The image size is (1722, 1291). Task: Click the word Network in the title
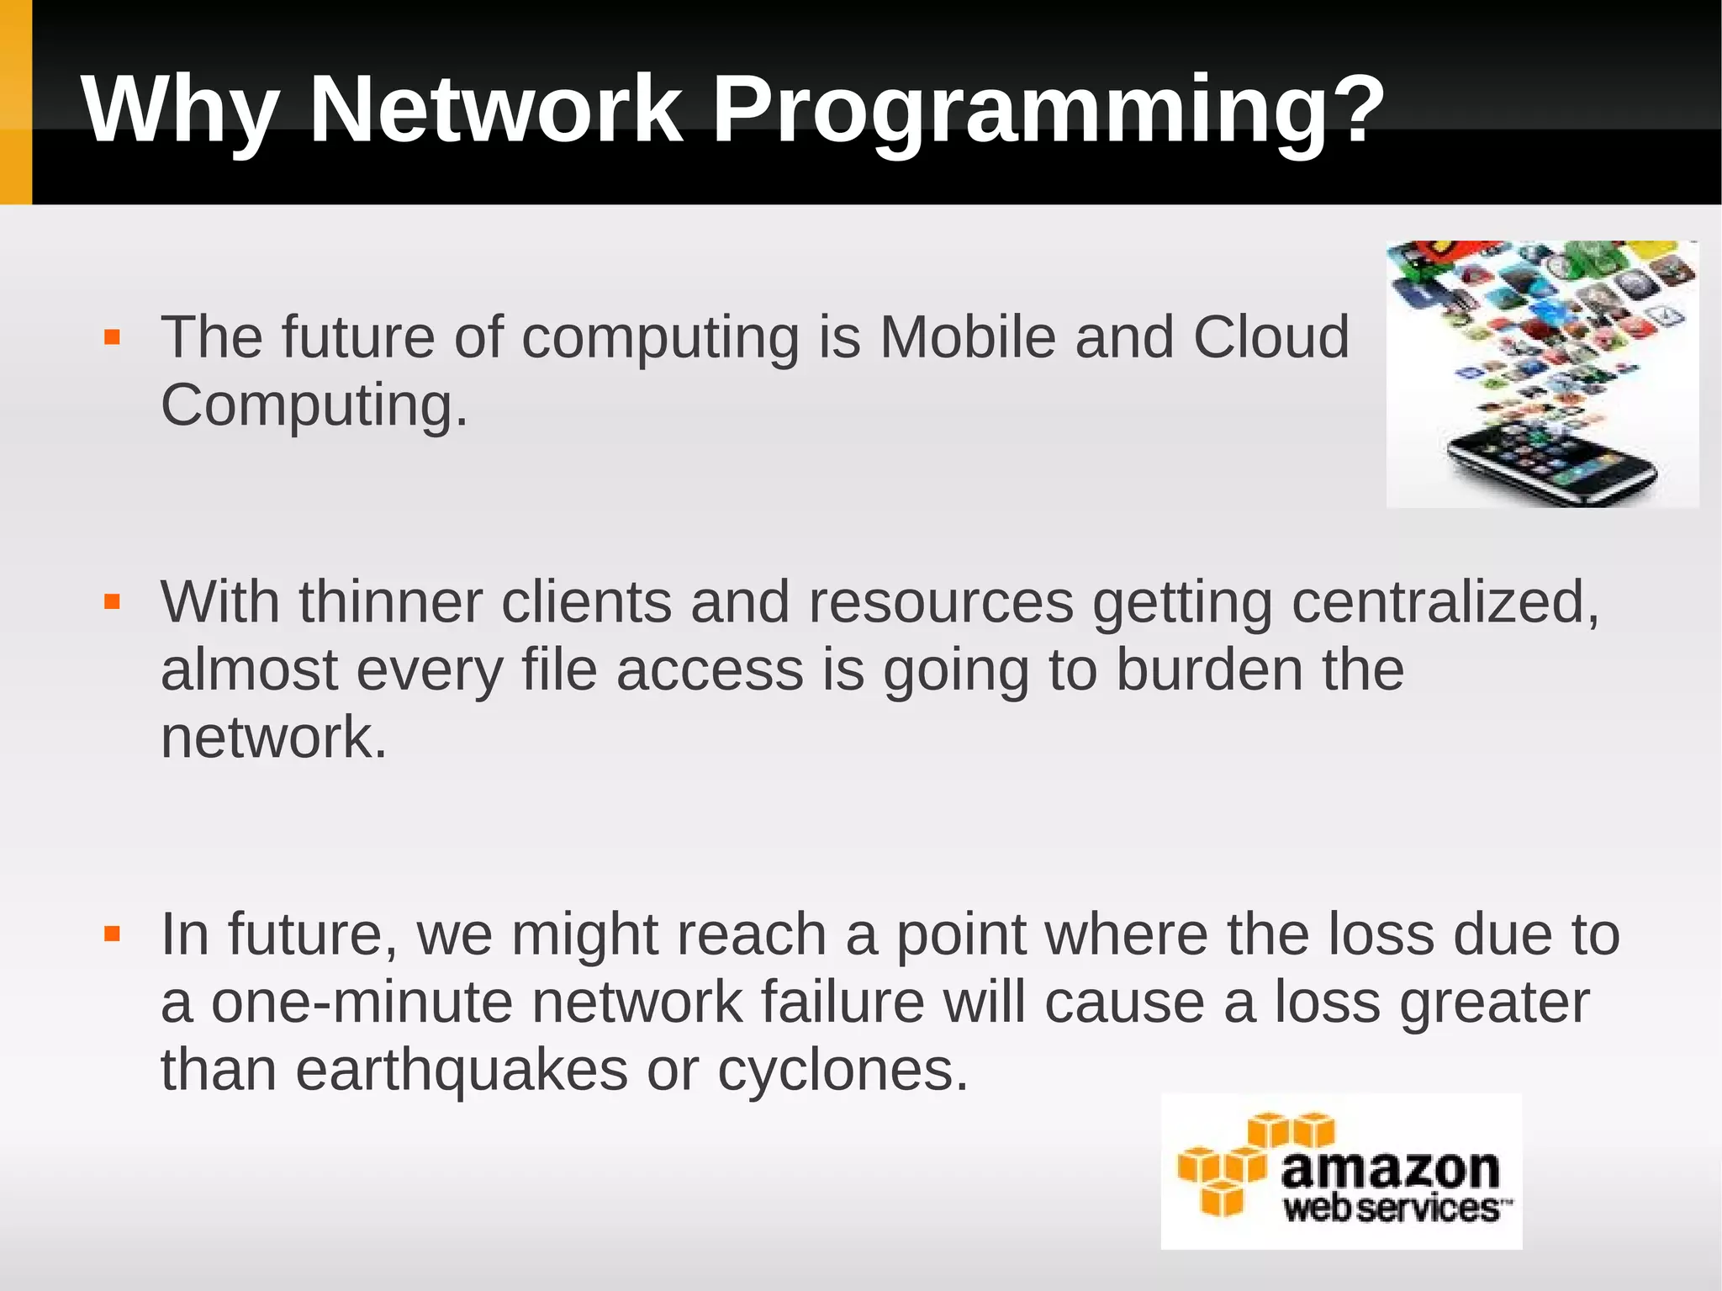[496, 109]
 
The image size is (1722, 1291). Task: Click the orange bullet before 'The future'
[112, 338]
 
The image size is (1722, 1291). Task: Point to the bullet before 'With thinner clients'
[112, 602]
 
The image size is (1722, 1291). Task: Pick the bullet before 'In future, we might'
[112, 934]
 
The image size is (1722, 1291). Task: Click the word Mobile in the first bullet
[967, 336]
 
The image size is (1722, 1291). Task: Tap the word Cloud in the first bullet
[1270, 336]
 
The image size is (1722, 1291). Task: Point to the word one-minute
[362, 1003]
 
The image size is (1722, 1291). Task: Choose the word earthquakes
[461, 1070]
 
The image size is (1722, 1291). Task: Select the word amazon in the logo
[1390, 1169]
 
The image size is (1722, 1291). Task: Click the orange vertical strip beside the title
[15, 102]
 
